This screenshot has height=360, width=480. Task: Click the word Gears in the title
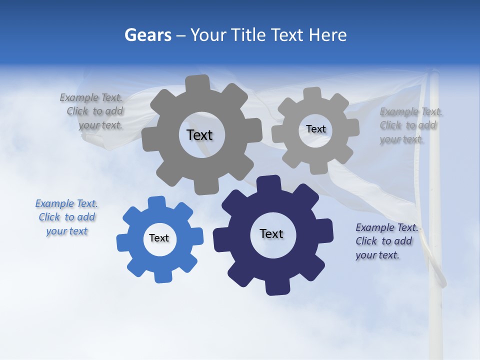pos(147,35)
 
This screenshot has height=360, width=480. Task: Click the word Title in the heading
pos(251,35)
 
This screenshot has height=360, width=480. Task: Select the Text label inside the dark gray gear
pos(199,135)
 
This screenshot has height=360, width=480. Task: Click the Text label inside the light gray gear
pos(316,129)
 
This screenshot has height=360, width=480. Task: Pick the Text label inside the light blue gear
pos(159,238)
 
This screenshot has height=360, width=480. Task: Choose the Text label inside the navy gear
pos(271,233)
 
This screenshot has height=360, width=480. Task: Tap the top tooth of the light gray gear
pos(311,93)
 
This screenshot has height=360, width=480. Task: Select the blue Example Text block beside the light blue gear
pos(66,217)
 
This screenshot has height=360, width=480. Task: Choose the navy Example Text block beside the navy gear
pos(386,241)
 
